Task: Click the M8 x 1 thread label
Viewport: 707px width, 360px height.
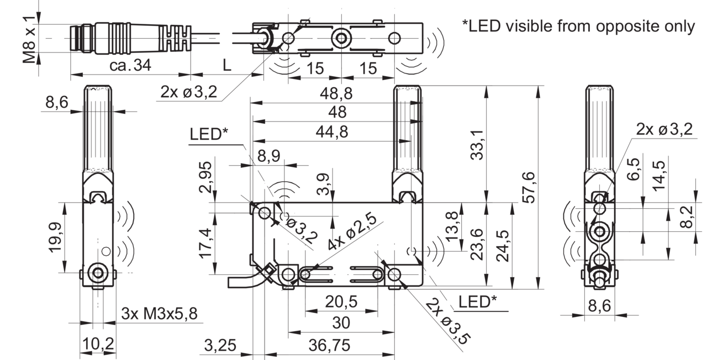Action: [x=29, y=40]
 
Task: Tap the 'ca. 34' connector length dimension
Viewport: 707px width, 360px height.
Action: [x=130, y=65]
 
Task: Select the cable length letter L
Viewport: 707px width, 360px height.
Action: [x=227, y=65]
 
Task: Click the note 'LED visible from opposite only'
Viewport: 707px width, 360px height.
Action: [x=578, y=26]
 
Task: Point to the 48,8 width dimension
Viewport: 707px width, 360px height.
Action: [x=336, y=94]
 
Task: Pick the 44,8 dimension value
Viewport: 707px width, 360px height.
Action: [x=332, y=131]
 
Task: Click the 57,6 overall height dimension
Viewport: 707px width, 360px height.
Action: [x=529, y=187]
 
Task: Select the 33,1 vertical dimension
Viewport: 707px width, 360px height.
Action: [x=477, y=145]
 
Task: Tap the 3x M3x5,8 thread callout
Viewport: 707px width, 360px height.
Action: [x=160, y=314]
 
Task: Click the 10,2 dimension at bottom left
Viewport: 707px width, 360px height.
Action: [x=98, y=343]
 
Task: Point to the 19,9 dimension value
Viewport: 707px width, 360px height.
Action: [x=55, y=237]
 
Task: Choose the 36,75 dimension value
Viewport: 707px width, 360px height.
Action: [x=330, y=345]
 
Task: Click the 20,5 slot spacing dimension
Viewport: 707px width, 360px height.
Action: [x=341, y=302]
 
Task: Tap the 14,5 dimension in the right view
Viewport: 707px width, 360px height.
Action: [x=659, y=176]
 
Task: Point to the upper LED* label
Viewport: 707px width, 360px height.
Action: [x=209, y=134]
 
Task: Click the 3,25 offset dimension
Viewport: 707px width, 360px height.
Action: [x=220, y=345]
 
